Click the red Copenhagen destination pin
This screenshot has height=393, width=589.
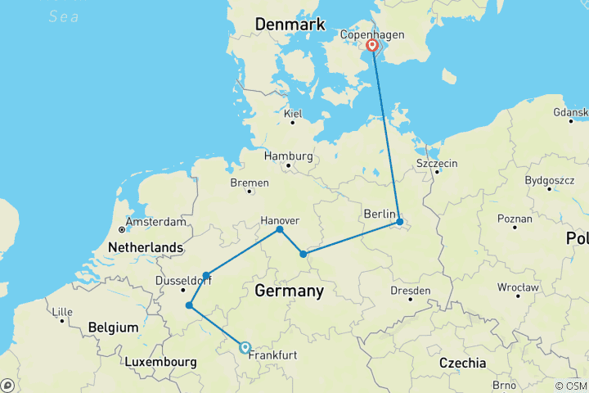pos(372,46)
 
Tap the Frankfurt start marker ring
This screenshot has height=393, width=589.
pos(245,347)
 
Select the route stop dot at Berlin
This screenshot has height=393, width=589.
pos(399,222)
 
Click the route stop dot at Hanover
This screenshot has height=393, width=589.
pos(280,229)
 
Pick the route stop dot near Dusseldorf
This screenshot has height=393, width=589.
pos(206,276)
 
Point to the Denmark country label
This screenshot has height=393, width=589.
pos(291,25)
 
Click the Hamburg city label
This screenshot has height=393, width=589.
pos(288,156)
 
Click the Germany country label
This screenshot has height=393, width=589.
pos(289,291)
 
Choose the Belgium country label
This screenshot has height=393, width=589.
pos(114,327)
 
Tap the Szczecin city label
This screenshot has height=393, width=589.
pos(437,164)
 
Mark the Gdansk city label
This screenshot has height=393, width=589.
pos(570,111)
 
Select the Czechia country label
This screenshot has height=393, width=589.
pos(463,363)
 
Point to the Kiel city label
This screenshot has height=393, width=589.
pos(293,112)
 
